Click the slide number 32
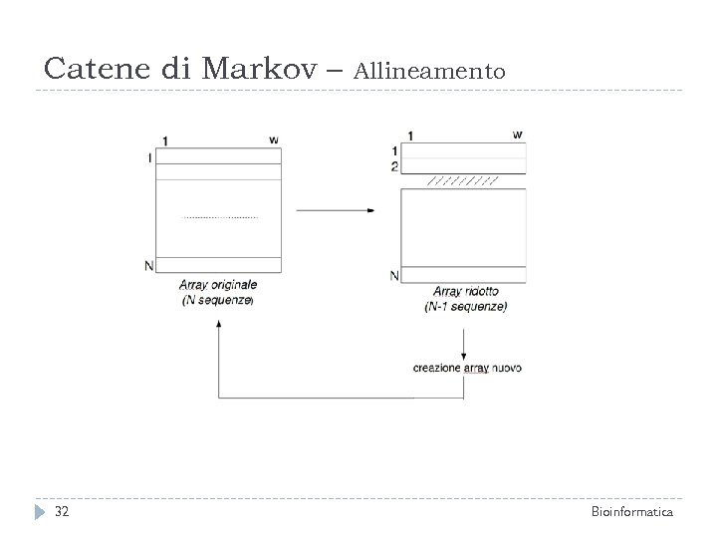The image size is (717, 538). pyautogui.click(x=62, y=512)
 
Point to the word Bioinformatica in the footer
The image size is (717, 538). pyautogui.click(x=632, y=512)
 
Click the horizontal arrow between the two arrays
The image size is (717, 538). pyautogui.click(x=336, y=210)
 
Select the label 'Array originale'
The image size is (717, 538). pyautogui.click(x=219, y=285)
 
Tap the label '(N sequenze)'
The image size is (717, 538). pyautogui.click(x=219, y=300)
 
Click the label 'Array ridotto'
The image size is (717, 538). pyautogui.click(x=466, y=292)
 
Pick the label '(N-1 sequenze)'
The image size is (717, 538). pyautogui.click(x=465, y=307)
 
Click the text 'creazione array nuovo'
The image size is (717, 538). pyautogui.click(x=467, y=368)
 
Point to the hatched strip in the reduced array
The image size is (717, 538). pyautogui.click(x=462, y=182)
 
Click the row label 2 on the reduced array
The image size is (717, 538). pyautogui.click(x=394, y=166)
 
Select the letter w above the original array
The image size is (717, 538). pyautogui.click(x=273, y=138)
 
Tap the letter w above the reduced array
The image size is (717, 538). pyautogui.click(x=517, y=134)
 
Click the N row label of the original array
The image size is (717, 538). pyautogui.click(x=148, y=265)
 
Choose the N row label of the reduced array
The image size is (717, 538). pyautogui.click(x=394, y=275)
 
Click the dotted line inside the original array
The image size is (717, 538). pyautogui.click(x=219, y=217)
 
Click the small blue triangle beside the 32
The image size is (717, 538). pyautogui.click(x=39, y=512)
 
